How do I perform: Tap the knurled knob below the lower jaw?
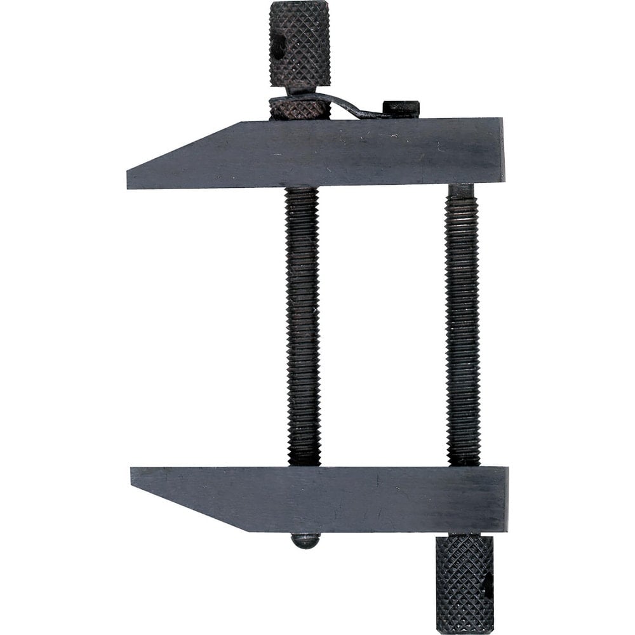(464, 584)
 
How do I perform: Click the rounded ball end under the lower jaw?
(305, 540)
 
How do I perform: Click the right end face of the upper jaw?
(501, 151)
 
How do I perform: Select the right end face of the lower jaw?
(505, 499)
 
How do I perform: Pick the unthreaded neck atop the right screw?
(462, 190)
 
